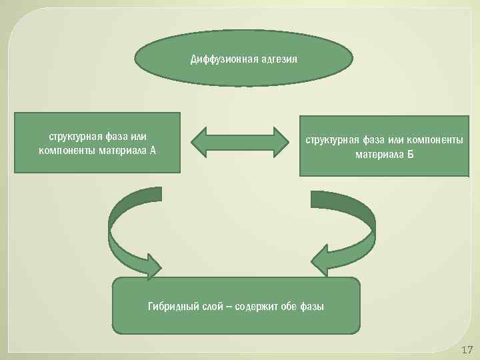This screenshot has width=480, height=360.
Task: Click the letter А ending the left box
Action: click(x=153, y=150)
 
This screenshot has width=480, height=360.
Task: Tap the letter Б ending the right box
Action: click(x=411, y=155)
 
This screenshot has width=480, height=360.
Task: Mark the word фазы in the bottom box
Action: click(x=312, y=307)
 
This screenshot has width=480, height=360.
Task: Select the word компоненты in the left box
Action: click(x=67, y=150)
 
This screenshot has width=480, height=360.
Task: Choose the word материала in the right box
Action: click(x=379, y=155)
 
